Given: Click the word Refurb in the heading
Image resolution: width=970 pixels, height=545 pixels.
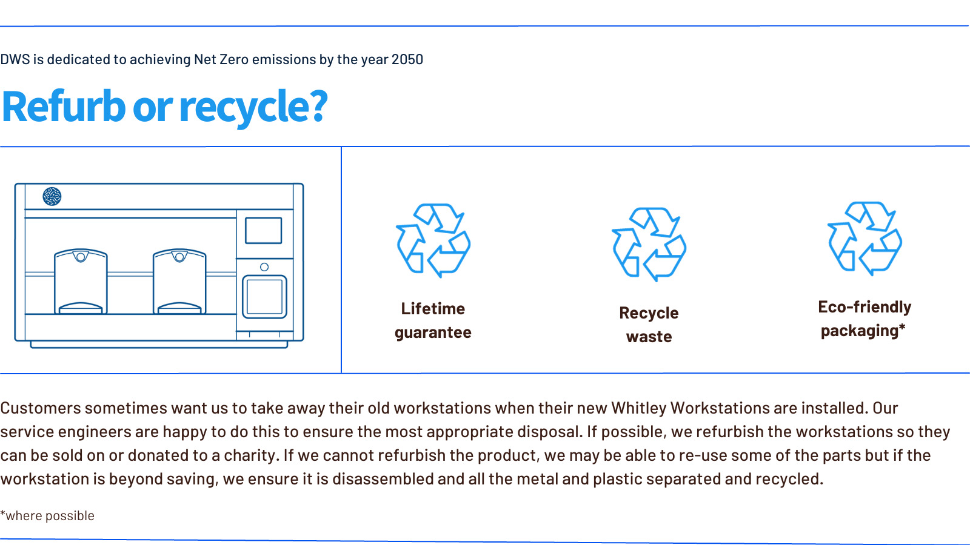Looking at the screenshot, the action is (x=64, y=106).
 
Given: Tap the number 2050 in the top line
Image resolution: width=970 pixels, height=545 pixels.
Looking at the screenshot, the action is (x=407, y=59).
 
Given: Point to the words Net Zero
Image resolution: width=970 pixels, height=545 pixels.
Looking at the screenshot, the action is (x=221, y=59).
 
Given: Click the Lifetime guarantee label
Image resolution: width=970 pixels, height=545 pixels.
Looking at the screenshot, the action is (x=433, y=320).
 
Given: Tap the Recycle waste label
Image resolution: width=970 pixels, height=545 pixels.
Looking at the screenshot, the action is (x=649, y=325).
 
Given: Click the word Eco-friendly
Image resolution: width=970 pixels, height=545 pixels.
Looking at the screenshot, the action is (x=865, y=307).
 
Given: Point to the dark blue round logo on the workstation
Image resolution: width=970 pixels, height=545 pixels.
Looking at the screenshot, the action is (x=52, y=196).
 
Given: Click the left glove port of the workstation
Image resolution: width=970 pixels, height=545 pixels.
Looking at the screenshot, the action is (x=81, y=281).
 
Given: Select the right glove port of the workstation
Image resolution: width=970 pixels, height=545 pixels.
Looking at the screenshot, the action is (x=179, y=281).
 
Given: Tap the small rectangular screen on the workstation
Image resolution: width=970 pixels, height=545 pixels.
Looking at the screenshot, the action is (x=263, y=231).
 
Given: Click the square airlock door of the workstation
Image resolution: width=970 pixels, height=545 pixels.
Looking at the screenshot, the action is (x=264, y=297).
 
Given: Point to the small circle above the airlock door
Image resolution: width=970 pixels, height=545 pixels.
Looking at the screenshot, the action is (x=264, y=267).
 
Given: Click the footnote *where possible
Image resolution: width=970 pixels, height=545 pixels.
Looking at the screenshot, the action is (x=47, y=515).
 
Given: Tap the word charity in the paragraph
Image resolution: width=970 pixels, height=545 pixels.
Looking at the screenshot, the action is (x=249, y=455).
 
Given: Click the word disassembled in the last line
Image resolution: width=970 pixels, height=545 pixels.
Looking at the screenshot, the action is (x=383, y=479).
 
